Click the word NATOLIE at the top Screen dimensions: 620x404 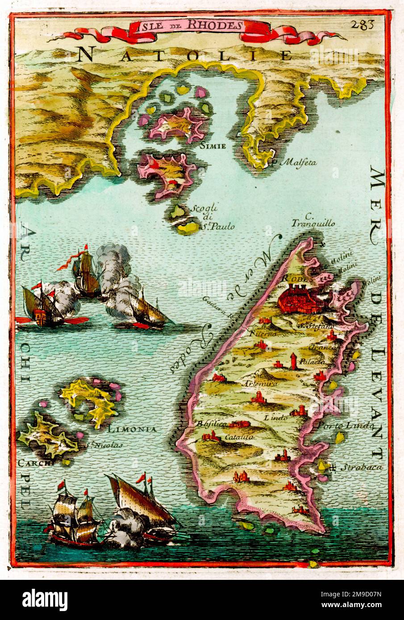(185, 55)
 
